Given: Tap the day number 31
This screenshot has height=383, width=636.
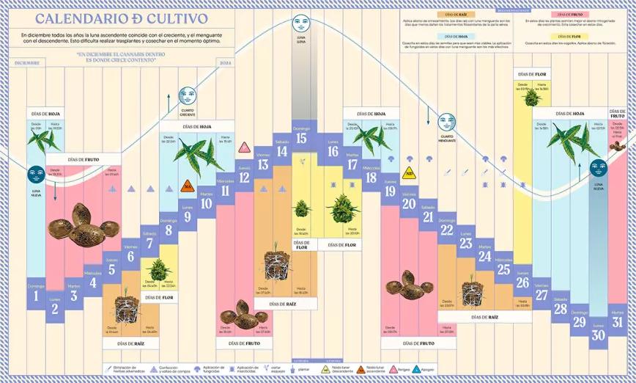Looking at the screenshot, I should [x=618, y=321].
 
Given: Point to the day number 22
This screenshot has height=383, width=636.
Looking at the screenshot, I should [x=447, y=230].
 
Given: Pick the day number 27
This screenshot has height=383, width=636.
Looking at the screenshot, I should [x=541, y=295].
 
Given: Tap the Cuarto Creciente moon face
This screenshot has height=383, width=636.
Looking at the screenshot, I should [x=187, y=95].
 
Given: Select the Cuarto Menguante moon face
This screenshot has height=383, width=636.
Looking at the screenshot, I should [x=446, y=123].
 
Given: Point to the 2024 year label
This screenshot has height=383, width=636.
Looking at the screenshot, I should [x=225, y=63].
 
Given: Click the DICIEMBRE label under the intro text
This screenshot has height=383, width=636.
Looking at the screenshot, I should [x=28, y=63].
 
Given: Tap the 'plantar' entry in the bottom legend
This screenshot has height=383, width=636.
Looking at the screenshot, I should [x=300, y=370].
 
